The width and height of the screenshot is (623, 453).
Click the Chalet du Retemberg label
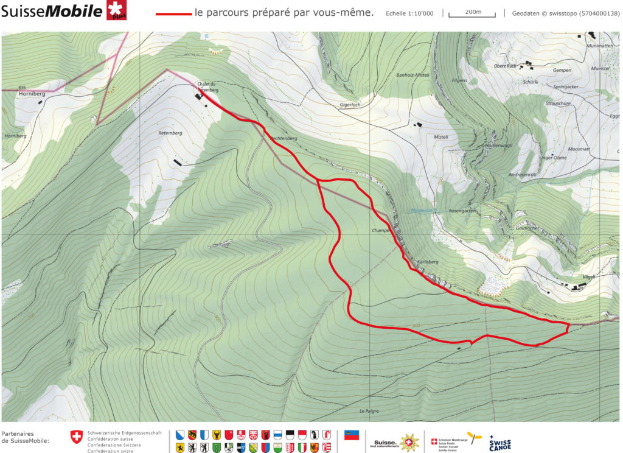[x=207, y=86]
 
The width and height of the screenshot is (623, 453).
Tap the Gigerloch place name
[x=350, y=105]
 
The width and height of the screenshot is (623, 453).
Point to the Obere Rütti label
[x=504, y=66]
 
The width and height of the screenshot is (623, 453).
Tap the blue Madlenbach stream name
[x=424, y=210]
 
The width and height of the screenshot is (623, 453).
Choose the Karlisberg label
[x=428, y=262]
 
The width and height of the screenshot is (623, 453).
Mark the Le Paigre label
[x=369, y=411]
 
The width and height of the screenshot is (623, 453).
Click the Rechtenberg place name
[x=284, y=139]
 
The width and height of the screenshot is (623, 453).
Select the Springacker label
[x=565, y=87]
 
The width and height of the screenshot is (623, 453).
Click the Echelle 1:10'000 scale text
[x=409, y=13]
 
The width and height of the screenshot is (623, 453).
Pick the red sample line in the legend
[x=173, y=13]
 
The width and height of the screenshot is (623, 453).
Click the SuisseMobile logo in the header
[x=61, y=12]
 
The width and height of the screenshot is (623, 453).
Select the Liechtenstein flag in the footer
[x=352, y=435]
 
